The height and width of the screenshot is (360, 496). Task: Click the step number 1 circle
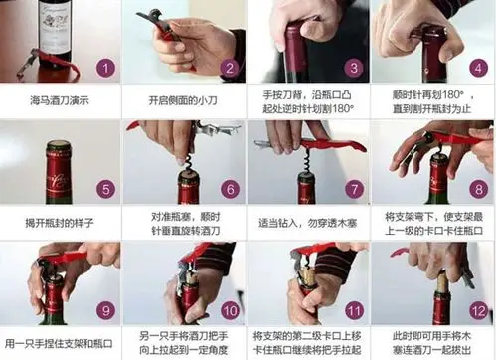point(106,69)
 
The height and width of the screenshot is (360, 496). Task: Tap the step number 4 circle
point(477,69)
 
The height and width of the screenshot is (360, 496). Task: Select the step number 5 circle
point(106,189)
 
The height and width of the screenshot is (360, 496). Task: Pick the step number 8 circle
point(477,189)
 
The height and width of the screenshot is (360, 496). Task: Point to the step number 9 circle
point(106,310)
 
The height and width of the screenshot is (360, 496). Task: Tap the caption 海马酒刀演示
point(62,101)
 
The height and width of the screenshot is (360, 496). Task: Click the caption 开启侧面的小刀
point(185,101)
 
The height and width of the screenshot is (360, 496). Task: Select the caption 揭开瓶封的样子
point(62,223)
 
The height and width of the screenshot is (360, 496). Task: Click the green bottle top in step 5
point(59,159)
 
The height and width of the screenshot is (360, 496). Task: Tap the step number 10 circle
point(230,310)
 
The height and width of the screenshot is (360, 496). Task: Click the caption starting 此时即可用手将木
point(433,343)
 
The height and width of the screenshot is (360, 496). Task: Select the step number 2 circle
point(230,69)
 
